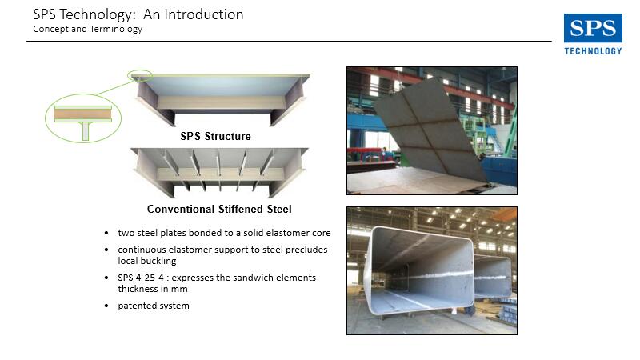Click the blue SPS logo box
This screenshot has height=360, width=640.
tap(593, 28)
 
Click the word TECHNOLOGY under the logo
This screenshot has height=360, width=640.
tap(593, 51)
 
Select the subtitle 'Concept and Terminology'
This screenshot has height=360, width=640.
tap(88, 29)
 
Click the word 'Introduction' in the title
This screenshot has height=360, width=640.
tap(204, 14)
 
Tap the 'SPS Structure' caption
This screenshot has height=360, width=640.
tap(215, 136)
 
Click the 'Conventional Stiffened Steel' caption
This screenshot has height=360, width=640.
tap(219, 209)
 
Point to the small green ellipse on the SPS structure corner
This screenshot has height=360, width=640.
tap(140, 75)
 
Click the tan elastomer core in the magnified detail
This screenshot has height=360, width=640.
tap(83, 114)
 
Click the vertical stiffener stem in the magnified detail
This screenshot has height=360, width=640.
tap(86, 131)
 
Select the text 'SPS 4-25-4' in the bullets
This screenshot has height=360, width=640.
tap(141, 278)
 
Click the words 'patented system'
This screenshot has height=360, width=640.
tap(154, 306)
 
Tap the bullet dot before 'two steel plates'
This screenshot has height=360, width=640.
tap(106, 233)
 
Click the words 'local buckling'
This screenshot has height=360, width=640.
tap(147, 261)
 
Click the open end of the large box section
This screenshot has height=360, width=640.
tap(421, 270)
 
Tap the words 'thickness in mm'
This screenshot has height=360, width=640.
tap(153, 289)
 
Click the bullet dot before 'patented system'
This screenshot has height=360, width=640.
tap(106, 306)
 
